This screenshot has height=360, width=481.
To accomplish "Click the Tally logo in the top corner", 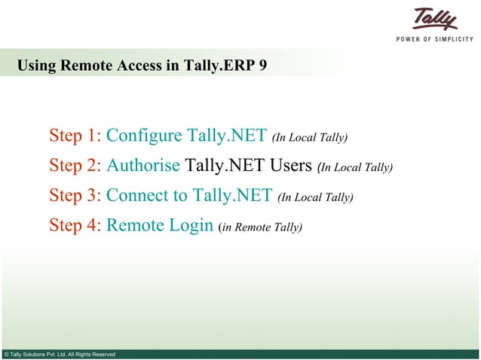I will tap(435, 20).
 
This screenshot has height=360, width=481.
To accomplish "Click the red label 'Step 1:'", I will tap(75, 136).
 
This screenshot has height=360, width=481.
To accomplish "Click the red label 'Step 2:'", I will tap(75, 166).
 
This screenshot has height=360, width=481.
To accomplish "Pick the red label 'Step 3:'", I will tap(75, 196).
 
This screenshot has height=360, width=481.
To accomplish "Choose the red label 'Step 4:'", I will tap(75, 226).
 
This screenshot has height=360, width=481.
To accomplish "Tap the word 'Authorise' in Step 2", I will tap(142, 166).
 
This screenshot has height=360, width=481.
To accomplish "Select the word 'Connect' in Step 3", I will tap(138, 196).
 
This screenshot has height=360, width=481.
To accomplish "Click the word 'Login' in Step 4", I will tap(191, 226).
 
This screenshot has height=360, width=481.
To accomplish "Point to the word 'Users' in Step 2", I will tap(290, 166).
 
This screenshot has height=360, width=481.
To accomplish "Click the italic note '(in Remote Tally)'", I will tap(259, 227).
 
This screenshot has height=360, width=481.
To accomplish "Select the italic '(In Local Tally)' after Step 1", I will tap(310, 137).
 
